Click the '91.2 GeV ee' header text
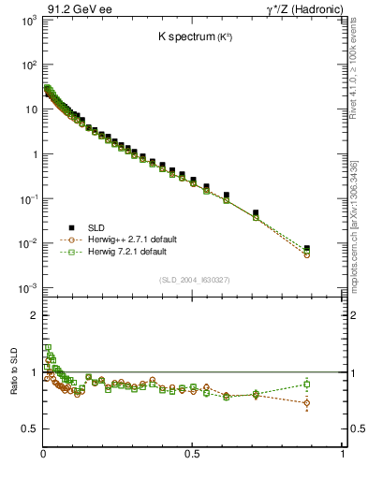click(x=79, y=9)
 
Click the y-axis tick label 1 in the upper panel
click(x=33, y=154)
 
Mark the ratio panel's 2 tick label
click(x=33, y=316)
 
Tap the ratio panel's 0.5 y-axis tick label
click(x=28, y=429)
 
